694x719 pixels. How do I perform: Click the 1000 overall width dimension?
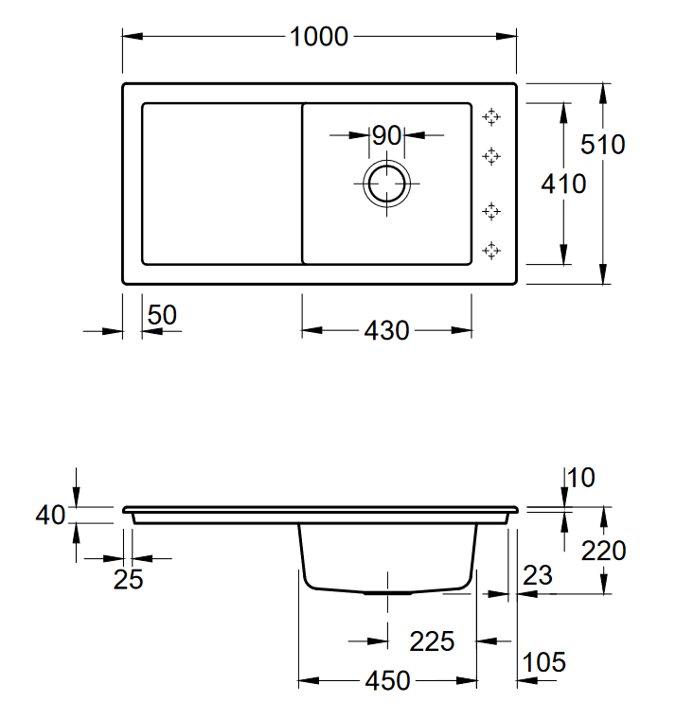coord(319,37)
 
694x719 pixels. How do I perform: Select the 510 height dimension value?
coord(603,145)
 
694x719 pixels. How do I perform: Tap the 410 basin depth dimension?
coord(563,184)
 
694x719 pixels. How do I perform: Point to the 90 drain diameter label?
coord(386,135)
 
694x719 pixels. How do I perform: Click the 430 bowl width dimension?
coord(386,330)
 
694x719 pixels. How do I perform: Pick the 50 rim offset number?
coord(162,315)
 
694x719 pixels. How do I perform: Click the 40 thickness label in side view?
coord(50,515)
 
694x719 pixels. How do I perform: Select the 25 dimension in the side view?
coord(128,579)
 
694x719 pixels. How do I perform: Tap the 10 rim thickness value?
coord(581,478)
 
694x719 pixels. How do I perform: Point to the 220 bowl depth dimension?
coord(603,551)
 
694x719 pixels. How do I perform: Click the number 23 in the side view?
coord(538,575)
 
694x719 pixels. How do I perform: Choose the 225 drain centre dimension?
coord(432,641)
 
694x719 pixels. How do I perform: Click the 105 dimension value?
coord(543,662)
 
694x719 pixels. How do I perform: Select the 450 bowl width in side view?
coord(388,680)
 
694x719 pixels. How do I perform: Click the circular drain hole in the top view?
coord(386,184)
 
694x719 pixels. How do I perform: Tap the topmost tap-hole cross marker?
coord(491,117)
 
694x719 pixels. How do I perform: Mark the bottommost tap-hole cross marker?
coord(491,251)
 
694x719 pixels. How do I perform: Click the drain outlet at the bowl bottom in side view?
coord(388,593)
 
